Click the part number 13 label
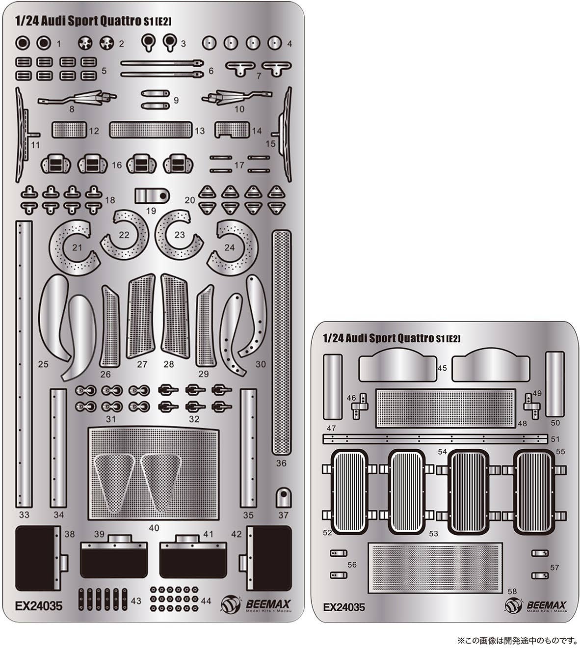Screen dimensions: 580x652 199,131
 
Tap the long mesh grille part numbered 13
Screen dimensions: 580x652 151,130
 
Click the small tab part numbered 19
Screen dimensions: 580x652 152,196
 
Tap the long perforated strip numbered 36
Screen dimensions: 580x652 282,342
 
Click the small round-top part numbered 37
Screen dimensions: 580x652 284,498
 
